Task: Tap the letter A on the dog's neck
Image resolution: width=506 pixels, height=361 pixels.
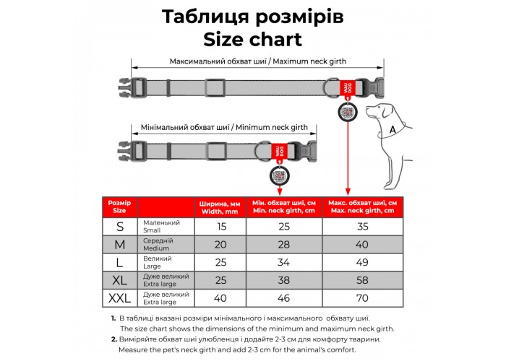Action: coord(392,129)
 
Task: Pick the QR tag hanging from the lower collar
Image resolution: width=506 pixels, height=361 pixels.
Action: coord(278,176)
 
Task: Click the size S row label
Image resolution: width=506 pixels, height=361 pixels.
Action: coord(120,226)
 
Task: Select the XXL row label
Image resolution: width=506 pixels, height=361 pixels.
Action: coord(120,296)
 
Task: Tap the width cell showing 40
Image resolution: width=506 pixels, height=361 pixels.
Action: coord(220,296)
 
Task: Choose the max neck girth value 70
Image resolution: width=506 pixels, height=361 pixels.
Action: coord(361,296)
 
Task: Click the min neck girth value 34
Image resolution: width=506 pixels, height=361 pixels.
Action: coord(284,261)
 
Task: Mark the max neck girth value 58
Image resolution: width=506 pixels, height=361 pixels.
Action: coord(361,279)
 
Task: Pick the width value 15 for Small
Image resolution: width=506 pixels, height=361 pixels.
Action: coord(220,226)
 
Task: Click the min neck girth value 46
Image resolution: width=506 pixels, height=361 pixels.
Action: coord(284,296)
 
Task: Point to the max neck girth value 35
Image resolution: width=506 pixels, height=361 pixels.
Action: coord(361,226)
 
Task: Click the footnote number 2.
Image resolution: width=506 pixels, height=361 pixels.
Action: coord(114,339)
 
